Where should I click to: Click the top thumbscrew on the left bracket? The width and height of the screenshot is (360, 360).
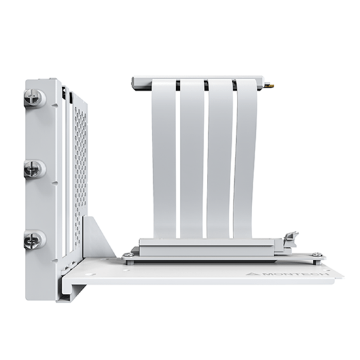[x=35, y=98]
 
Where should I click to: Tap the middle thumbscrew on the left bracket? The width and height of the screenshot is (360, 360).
[x=35, y=170]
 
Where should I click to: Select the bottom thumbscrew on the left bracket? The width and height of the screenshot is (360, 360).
[x=35, y=240]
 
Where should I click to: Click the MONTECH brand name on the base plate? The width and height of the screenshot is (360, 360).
[x=296, y=274]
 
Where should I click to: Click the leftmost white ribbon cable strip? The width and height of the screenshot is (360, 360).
[x=164, y=158]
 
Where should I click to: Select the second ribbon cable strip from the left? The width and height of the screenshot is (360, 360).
[x=192, y=158]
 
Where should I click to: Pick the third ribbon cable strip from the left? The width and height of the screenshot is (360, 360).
[x=220, y=158]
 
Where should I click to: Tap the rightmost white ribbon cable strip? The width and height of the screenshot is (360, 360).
[x=246, y=158]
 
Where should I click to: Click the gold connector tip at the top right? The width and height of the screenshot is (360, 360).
[x=270, y=86]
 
